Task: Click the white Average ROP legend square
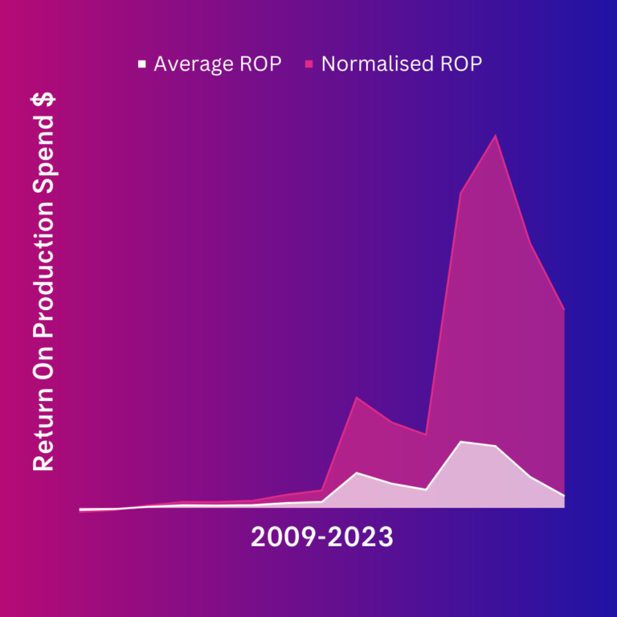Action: coord(142,63)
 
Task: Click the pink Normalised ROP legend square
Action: coord(308,63)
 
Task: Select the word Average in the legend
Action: coord(194,64)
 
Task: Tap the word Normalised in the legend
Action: coord(377,63)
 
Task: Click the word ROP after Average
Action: coord(260,63)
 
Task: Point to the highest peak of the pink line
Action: coord(496,135)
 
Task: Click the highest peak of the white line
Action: coord(461,442)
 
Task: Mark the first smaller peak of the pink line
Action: coord(357,397)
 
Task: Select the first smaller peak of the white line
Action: coord(357,472)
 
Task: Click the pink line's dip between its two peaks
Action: coord(426,435)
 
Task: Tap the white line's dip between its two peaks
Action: coord(426,489)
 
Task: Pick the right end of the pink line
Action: coord(564,309)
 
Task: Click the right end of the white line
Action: coord(564,496)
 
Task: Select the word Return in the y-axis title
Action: coord(43,429)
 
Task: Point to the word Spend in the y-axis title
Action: coord(44,154)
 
